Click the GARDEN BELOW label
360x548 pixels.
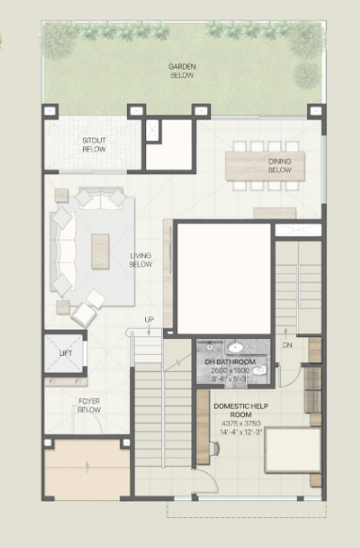coord(182,71)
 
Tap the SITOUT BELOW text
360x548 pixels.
coord(93,144)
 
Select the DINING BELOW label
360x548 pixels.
coord(279,166)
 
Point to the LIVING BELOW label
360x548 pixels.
coord(140,260)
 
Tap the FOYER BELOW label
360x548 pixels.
coord(90,406)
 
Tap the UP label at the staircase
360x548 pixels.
coord(148,320)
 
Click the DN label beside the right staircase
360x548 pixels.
coord(288,345)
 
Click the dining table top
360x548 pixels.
coord(264,166)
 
